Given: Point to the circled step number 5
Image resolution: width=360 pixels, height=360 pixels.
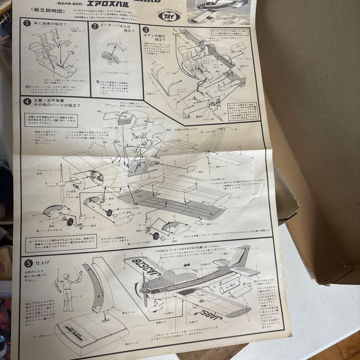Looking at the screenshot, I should tap(29, 263).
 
